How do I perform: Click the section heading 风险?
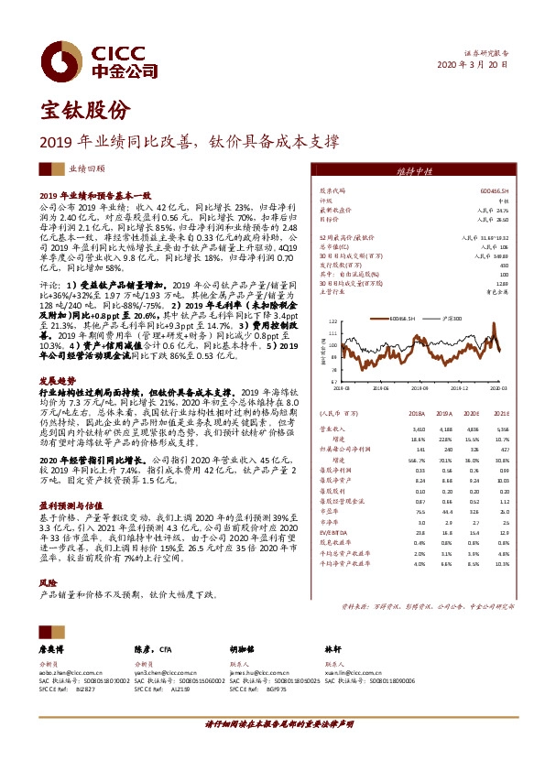(x=47, y=582)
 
